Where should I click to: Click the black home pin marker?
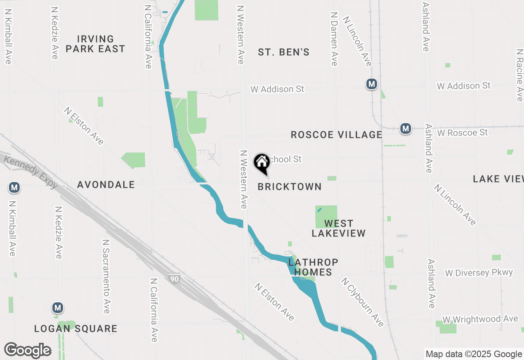point(262,163)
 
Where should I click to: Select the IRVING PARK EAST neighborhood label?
point(95,44)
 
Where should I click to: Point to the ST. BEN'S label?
point(284,52)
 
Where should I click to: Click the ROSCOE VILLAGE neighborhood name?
point(336,135)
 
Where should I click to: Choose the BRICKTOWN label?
point(289,187)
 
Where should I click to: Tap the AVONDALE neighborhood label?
point(106,185)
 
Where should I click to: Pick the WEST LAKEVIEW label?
point(339,228)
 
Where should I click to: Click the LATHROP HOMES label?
point(313,267)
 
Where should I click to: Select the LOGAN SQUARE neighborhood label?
point(76,329)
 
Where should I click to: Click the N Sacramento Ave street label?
point(106,277)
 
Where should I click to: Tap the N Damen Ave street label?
point(334,39)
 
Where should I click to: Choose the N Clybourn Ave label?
point(363,302)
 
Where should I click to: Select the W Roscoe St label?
point(463,133)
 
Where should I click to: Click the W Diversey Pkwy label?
point(479,273)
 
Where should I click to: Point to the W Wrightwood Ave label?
point(480,319)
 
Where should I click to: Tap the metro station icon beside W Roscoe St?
point(405,128)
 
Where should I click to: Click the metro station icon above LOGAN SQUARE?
point(58,308)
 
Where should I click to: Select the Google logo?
point(28,350)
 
